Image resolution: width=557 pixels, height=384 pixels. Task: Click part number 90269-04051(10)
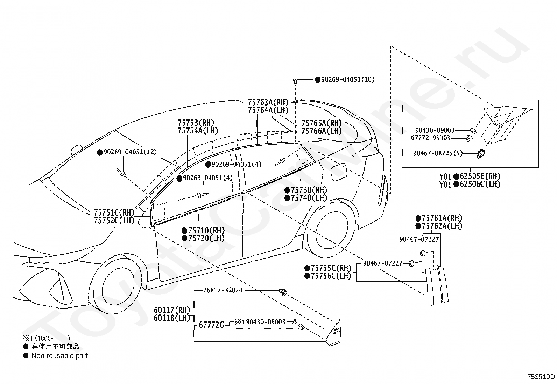(348, 79)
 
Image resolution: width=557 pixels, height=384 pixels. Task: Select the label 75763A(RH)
(268, 102)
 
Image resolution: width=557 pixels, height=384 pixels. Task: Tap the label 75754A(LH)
(198, 131)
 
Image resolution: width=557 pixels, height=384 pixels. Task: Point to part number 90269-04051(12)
(130, 152)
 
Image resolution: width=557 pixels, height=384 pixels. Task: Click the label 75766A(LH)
(322, 131)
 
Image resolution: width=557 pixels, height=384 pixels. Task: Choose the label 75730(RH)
(309, 190)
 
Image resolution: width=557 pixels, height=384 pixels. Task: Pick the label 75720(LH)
(206, 238)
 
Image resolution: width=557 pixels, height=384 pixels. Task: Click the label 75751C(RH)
(114, 213)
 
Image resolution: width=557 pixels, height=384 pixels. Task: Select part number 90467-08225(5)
(438, 153)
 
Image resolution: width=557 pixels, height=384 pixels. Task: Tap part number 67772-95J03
(430, 138)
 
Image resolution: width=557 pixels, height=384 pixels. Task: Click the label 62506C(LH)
(480, 184)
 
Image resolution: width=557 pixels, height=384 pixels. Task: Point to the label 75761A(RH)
(442, 218)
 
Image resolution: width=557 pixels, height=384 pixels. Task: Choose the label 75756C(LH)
(331, 276)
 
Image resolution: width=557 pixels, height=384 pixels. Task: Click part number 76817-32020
(223, 290)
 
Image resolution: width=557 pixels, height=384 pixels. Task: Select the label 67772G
(211, 325)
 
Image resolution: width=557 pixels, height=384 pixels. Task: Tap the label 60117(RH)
(172, 310)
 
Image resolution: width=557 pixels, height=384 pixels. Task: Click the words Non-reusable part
(60, 356)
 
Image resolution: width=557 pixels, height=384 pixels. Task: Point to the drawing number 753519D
(541, 377)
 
